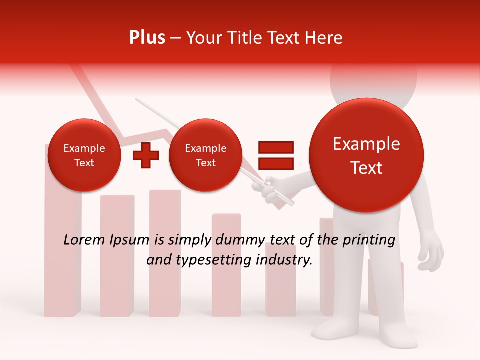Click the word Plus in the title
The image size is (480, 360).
pyautogui.click(x=147, y=38)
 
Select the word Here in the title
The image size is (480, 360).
pyautogui.click(x=325, y=38)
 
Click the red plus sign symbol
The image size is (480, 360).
pyautogui.click(x=146, y=155)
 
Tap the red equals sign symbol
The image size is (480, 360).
pyautogui.click(x=276, y=155)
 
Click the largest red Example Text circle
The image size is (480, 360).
pyautogui.click(x=366, y=155)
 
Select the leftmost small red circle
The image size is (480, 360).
pyautogui.click(x=84, y=155)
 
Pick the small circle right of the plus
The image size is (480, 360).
pyautogui.click(x=205, y=155)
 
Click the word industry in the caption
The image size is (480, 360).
pyautogui.click(x=284, y=260)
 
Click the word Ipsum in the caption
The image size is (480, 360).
pyautogui.click(x=129, y=240)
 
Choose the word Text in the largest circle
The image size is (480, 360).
pyautogui.click(x=366, y=168)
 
